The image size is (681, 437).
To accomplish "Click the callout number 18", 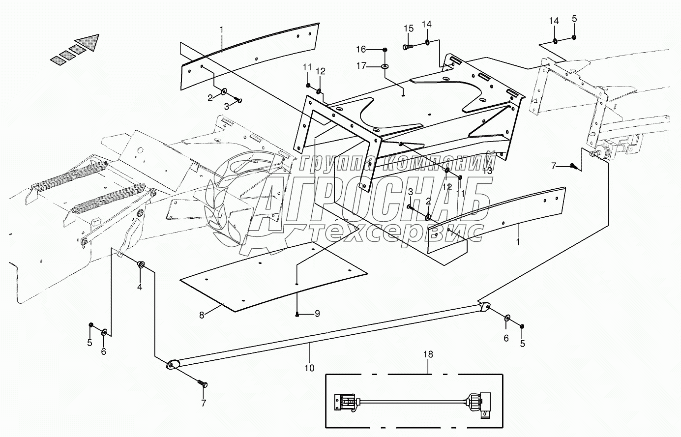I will (x=428, y=354).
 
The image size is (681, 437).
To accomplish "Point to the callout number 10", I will (x=310, y=367).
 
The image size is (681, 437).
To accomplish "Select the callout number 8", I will (x=202, y=315).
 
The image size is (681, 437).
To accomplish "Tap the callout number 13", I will (x=487, y=171).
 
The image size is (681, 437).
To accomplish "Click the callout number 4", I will (x=139, y=287).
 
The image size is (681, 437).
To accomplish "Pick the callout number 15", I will (x=409, y=28).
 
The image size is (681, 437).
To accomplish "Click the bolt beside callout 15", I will (x=408, y=47).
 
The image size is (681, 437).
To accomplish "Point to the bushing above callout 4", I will (x=141, y=265).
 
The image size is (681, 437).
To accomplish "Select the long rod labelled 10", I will (x=325, y=334).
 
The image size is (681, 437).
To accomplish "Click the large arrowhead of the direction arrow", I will (x=90, y=42).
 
